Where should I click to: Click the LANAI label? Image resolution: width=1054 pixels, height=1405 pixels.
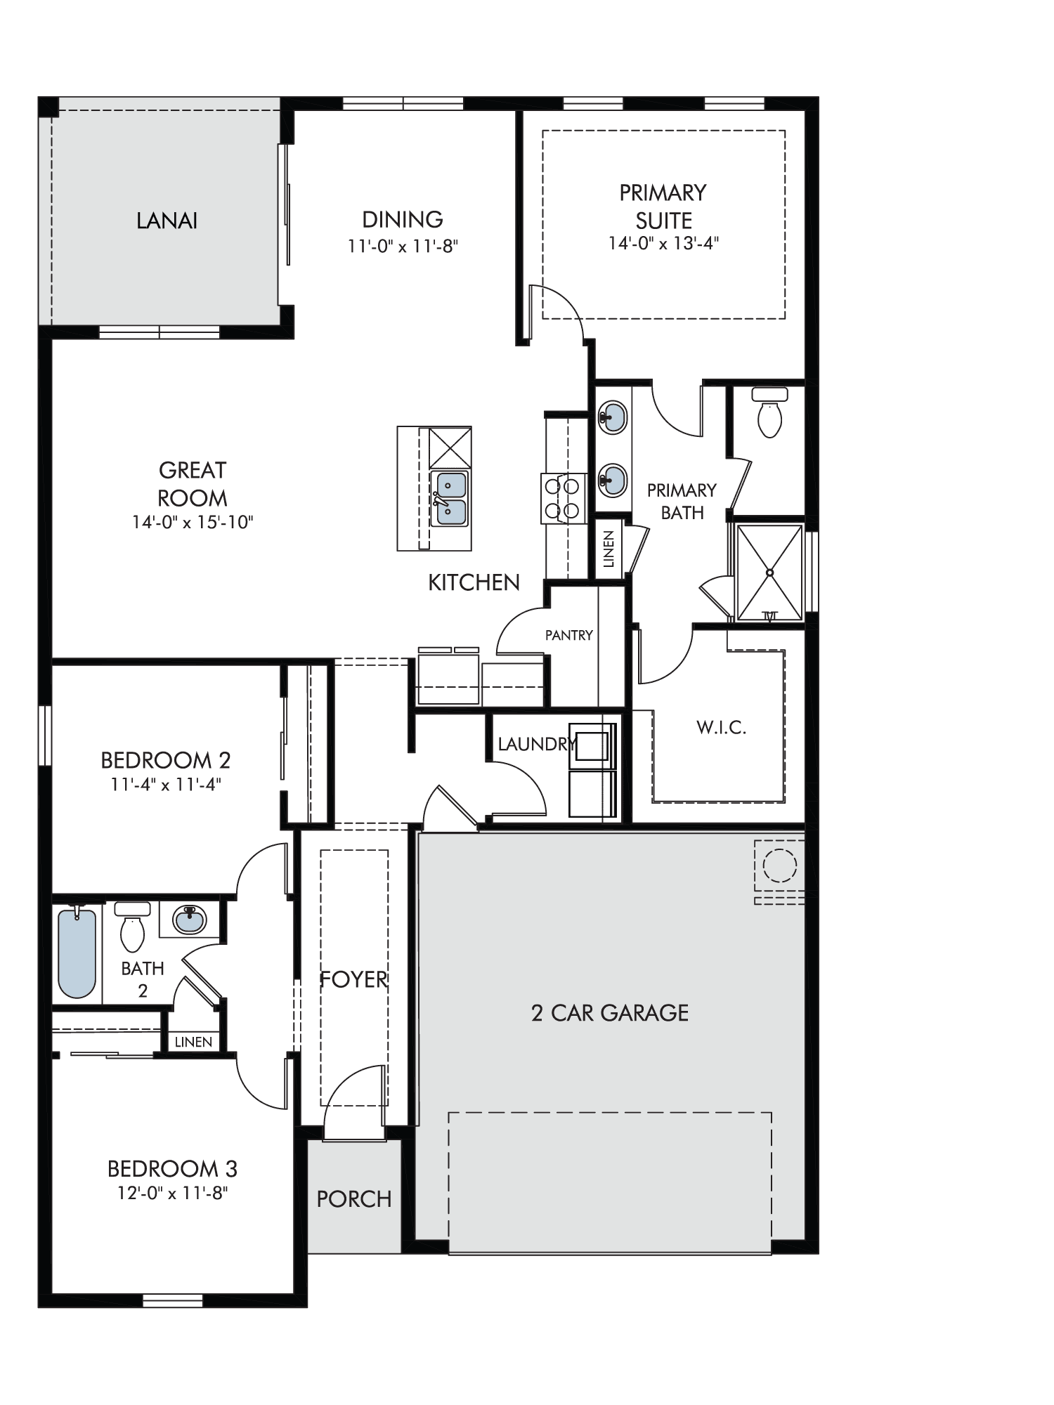coord(167,221)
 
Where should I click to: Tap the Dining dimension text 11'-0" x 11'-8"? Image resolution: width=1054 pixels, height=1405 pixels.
coord(403,247)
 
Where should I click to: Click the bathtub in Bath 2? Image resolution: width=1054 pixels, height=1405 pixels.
coord(77,953)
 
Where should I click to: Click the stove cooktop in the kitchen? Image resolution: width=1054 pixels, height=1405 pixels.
coord(564,498)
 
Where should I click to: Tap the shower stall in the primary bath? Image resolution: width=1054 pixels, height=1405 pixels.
coord(769,573)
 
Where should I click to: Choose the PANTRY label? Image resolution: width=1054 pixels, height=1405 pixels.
coord(569,635)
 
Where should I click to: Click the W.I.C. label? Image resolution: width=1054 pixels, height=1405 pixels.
coord(721,727)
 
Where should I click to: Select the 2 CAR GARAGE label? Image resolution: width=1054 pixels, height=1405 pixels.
coord(610,1012)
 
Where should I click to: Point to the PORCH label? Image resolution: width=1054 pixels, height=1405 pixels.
coord(354,1198)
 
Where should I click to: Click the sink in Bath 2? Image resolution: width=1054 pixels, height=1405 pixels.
coord(190,919)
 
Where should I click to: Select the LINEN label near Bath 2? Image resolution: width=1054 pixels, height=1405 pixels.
coord(193,1042)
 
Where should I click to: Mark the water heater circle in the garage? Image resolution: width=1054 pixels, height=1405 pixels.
coord(780,865)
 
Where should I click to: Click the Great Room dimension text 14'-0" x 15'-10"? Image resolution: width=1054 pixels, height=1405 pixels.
coord(193,522)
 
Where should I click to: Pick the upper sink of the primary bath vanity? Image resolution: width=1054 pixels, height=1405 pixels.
coord(613,417)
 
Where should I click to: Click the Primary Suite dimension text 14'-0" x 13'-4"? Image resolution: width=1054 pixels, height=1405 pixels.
coord(664,243)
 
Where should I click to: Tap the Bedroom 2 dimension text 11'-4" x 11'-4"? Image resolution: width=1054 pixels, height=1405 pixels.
coord(166,784)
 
